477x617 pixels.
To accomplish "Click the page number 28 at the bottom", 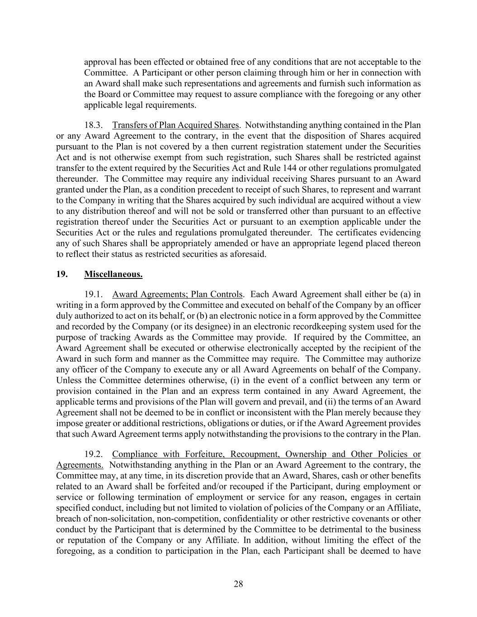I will [238, 584].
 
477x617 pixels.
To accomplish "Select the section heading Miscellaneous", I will [113, 274].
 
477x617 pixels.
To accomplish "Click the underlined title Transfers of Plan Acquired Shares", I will [175, 125].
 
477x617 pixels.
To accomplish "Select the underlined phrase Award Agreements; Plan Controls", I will [177, 294].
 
